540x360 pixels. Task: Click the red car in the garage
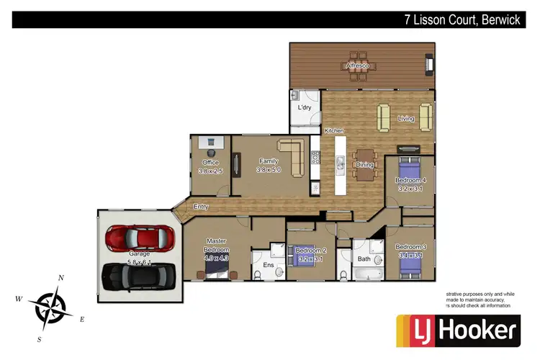click(140, 236)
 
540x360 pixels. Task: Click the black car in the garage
click(140, 276)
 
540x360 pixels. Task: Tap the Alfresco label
click(358, 66)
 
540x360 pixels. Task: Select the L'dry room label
click(305, 107)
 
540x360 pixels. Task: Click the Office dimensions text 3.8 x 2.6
click(210, 171)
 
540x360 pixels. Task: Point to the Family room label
click(269, 161)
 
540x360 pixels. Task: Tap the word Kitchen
click(334, 131)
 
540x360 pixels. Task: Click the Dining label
click(364, 165)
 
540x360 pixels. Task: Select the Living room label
click(406, 119)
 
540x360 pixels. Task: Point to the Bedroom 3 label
click(410, 246)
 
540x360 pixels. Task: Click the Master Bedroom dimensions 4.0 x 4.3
click(217, 257)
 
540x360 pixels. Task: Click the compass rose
click(51, 306)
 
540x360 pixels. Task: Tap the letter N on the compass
click(61, 278)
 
